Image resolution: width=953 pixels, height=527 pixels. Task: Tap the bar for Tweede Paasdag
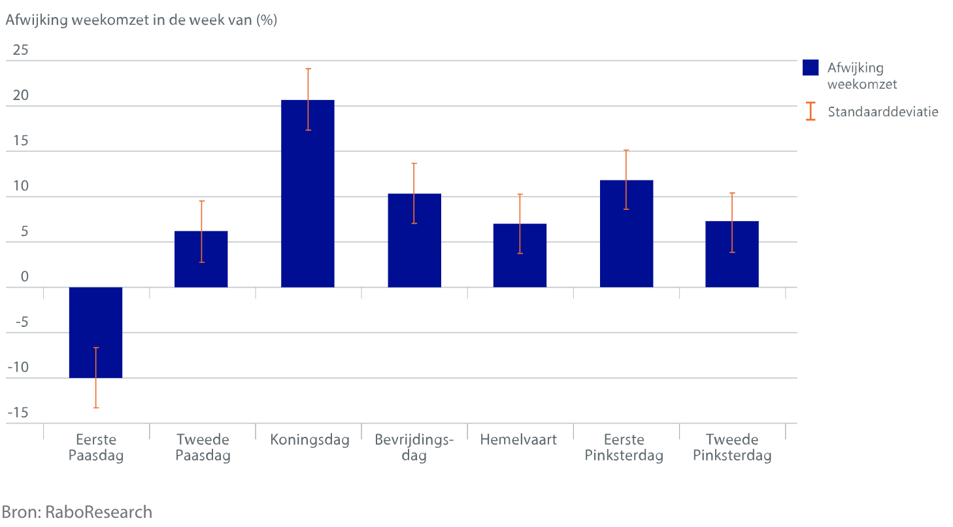click(201, 268)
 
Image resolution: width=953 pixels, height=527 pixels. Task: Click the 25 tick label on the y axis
click(21, 50)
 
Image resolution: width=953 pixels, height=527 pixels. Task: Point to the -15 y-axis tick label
click(18, 413)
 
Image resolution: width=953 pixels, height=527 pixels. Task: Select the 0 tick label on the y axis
click(25, 277)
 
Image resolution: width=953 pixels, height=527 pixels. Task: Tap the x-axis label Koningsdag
click(310, 439)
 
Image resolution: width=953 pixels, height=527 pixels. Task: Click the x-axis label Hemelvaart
click(518, 439)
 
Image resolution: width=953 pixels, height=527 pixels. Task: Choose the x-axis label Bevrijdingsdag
click(414, 447)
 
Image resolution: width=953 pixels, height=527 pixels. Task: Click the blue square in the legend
click(811, 68)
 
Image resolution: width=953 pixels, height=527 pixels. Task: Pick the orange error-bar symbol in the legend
click(811, 111)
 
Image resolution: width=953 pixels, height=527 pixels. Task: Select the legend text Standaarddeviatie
click(882, 111)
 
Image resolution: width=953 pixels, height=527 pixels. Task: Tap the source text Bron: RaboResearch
click(76, 512)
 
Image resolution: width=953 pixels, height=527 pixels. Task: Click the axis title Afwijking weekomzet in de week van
click(141, 20)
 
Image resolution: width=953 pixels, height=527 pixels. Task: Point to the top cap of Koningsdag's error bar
click(308, 69)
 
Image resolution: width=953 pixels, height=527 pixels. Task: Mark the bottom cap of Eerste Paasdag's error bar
click(95, 408)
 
